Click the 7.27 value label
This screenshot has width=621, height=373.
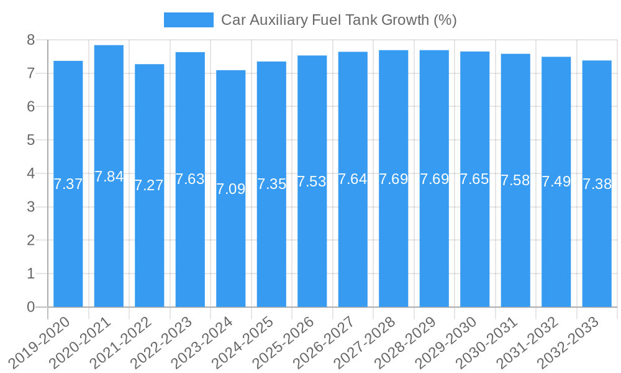[x=149, y=185]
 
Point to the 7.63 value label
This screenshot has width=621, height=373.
[x=190, y=179]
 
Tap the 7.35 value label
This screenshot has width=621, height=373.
[x=271, y=184]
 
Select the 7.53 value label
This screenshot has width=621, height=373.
[x=312, y=182]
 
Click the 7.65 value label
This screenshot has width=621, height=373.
[x=474, y=179]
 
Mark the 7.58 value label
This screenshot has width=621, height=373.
[x=515, y=180]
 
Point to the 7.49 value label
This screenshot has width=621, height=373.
[x=556, y=182]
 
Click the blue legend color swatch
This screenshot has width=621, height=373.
[x=189, y=20]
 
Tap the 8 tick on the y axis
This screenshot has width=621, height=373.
[x=30, y=40]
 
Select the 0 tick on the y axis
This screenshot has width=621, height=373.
[x=30, y=307]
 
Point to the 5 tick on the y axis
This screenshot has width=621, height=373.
[x=30, y=140]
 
